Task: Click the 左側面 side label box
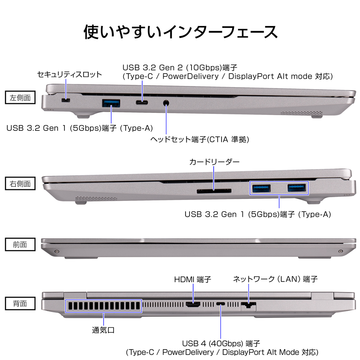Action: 23,98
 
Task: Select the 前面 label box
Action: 23,244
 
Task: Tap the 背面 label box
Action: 23,304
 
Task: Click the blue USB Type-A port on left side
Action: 111,104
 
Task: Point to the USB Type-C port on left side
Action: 142,103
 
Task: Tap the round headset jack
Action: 166,103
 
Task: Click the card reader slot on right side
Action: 214,191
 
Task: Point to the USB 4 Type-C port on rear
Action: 220,304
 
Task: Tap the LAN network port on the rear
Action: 249,306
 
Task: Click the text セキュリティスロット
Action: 70,74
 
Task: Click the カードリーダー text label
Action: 214,162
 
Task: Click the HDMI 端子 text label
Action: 192,279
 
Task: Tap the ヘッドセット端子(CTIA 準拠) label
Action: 200,139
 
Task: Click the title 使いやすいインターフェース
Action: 180,32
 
